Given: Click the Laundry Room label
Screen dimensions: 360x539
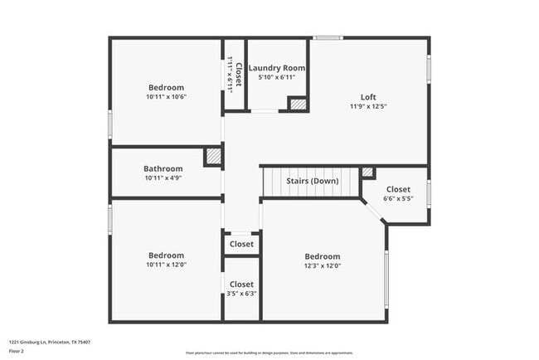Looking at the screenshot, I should click(277, 67).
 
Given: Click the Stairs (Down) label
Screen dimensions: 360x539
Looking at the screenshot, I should click(312, 181).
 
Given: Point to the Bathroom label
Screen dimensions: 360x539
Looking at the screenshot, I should click(163, 168).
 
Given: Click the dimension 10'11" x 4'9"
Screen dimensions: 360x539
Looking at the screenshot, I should click(163, 178).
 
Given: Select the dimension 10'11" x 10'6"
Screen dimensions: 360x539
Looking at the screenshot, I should click(166, 97).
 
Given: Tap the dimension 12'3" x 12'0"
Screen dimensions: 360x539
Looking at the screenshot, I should click(322, 265).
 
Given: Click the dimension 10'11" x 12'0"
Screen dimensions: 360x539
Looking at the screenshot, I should click(166, 265).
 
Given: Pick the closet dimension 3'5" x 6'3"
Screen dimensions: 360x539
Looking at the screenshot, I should click(241, 294).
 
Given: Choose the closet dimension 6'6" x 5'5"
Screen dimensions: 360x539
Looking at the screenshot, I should click(398, 199).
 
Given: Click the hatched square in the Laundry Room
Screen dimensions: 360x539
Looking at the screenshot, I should click(296, 104).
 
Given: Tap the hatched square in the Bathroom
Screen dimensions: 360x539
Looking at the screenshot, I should click(213, 157).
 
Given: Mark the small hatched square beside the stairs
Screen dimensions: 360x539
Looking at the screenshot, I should click(367, 173).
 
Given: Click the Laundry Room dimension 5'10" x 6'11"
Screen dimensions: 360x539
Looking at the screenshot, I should click(277, 77).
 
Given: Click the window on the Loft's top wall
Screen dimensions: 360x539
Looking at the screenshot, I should click(328, 37).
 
